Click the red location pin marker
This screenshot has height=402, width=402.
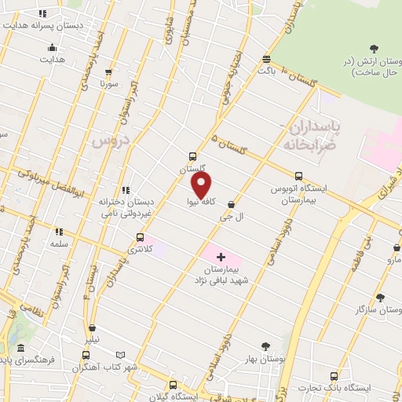(x=202, y=185)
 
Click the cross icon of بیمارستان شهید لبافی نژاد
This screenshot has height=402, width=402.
(x=221, y=256)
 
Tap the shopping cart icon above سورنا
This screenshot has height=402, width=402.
(x=105, y=68)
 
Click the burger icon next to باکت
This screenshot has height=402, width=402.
(x=267, y=58)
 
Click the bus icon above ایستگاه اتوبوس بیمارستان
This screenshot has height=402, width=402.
(x=298, y=177)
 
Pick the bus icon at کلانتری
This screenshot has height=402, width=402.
(x=141, y=237)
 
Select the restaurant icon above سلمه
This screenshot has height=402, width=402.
(x=59, y=232)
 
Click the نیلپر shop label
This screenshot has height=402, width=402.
(x=93, y=340)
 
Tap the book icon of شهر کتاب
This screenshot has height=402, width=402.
(x=119, y=355)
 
